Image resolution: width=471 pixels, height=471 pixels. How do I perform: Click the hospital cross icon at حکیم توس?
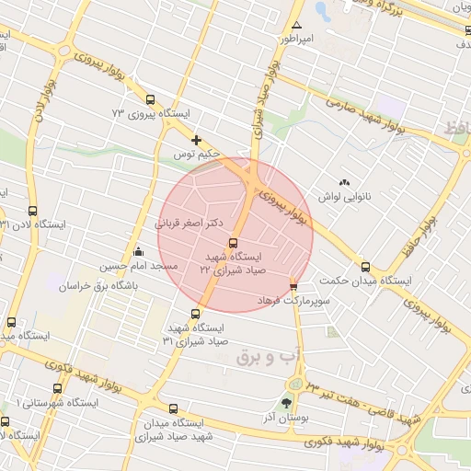click(196, 140)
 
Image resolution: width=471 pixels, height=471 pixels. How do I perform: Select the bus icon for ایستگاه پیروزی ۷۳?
click(150, 100)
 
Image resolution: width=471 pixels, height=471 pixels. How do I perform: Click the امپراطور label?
click(296, 39)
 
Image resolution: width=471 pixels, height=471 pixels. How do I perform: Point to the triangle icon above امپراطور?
click(296, 24)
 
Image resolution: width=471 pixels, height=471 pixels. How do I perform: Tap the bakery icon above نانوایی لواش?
click(345, 183)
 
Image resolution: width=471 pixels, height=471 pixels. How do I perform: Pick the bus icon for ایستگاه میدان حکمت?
click(366, 267)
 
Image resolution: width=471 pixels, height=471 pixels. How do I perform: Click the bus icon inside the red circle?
click(231, 242)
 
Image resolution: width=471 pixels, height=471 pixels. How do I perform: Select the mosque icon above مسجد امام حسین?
click(138, 251)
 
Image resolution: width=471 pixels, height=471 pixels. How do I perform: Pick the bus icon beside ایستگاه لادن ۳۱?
click(33, 211)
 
